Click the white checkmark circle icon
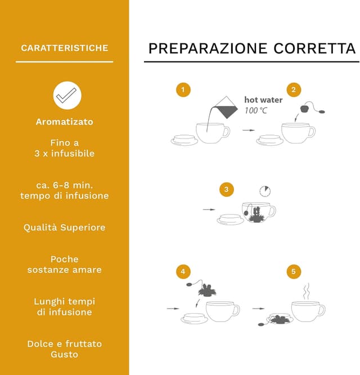click(67, 95)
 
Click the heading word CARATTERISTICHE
click(65, 48)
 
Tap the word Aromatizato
click(65, 122)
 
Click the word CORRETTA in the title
click(315, 48)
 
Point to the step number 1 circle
click(183, 90)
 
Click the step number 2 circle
click(293, 90)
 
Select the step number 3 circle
click(226, 189)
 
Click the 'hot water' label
click(263, 100)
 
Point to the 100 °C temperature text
click(256, 110)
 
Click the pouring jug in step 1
click(225, 107)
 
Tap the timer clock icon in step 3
click(264, 191)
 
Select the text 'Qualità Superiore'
click(65, 227)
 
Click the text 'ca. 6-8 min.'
click(65, 185)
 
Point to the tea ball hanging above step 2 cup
click(307, 108)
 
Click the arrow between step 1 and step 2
click(248, 130)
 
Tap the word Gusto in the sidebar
click(65, 354)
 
